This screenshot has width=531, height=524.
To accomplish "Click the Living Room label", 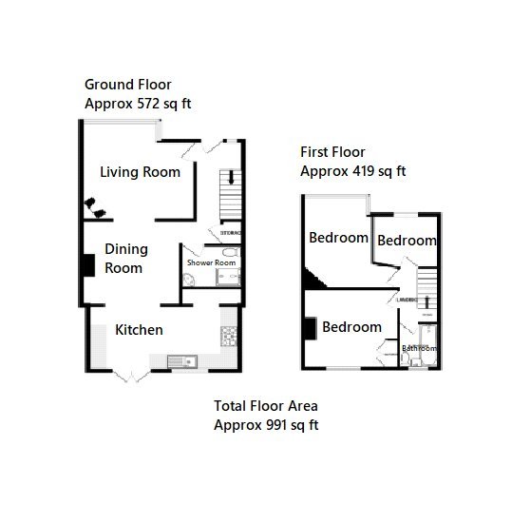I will point(141,172).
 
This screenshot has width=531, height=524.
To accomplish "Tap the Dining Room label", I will point(123,258).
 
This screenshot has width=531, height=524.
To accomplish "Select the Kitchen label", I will point(140,330).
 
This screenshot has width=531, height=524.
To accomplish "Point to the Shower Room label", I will point(210,262).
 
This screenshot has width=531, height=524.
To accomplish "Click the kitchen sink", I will point(180,360).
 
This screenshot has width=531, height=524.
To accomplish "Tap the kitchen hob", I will point(227,336).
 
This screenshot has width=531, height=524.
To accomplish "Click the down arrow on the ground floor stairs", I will point(229,179).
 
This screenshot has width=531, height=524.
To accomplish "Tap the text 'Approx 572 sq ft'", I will point(139,103).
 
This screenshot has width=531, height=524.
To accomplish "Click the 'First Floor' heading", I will point(332,152).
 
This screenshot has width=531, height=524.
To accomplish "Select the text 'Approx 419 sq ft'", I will point(352,171).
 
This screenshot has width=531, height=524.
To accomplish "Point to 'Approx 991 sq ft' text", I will point(265,424).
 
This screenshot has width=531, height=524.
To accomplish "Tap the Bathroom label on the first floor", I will point(418,349).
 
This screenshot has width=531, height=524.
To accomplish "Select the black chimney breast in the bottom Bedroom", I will point(310,327).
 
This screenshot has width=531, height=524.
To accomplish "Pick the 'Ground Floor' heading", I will point(128,85).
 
